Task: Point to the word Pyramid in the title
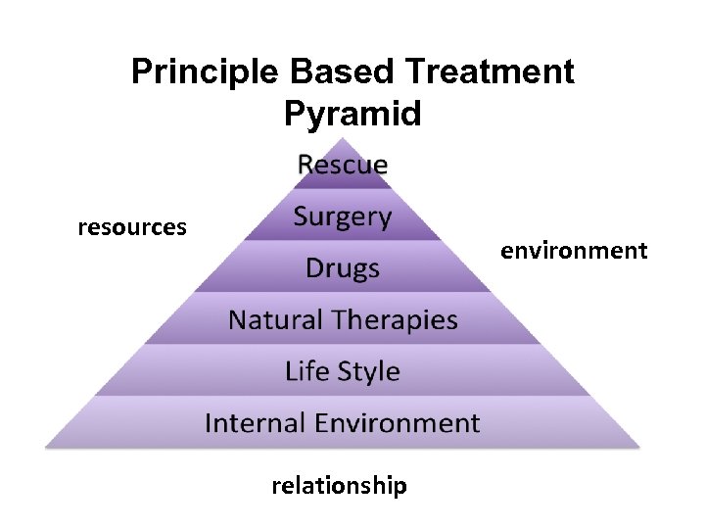coord(352,114)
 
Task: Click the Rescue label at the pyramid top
coord(343,165)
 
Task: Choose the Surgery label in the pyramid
coord(343,217)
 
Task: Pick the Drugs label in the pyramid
coord(343,268)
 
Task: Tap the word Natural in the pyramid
coord(275,319)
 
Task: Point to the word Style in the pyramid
coord(368,372)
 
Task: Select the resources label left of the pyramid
coord(132,227)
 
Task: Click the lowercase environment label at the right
coord(574,251)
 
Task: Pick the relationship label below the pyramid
coord(339,486)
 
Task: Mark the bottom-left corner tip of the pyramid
coord(46,446)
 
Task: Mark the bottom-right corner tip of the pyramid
coord(639,446)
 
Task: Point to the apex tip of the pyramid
coord(343,139)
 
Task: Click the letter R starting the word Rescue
coord(305,165)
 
